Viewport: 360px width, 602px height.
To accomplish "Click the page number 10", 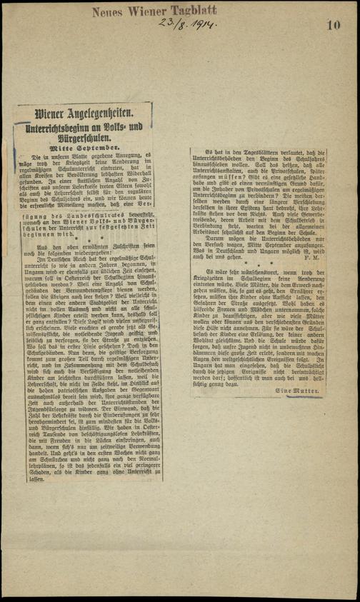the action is (x=334, y=26).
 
